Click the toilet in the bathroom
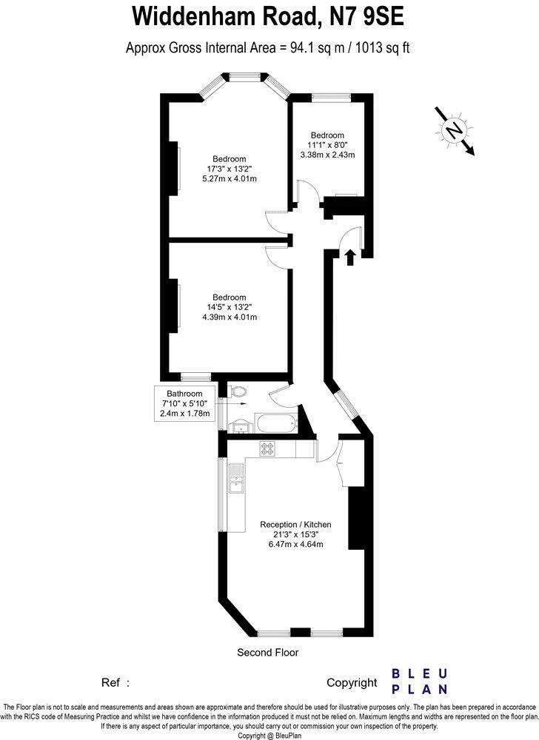238,393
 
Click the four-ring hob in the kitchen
267,448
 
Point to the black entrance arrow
350,256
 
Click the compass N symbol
452,129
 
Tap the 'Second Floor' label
267,652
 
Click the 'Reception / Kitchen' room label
295,524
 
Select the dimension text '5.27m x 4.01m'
230,178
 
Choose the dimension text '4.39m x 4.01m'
230,317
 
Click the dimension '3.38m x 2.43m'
327,155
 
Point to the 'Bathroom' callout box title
184,393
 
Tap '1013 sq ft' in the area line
384,48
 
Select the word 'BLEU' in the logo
419,674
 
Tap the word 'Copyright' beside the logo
352,683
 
